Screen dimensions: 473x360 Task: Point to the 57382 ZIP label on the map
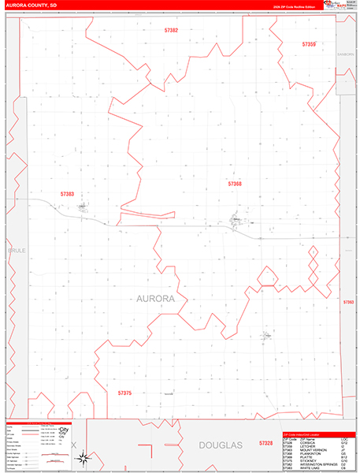tap(171, 30)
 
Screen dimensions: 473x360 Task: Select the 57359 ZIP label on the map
tap(309, 44)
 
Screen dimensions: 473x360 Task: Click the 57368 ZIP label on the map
tap(235, 183)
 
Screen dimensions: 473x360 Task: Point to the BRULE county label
tap(17, 250)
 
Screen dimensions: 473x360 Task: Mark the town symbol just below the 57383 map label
tap(83, 208)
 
